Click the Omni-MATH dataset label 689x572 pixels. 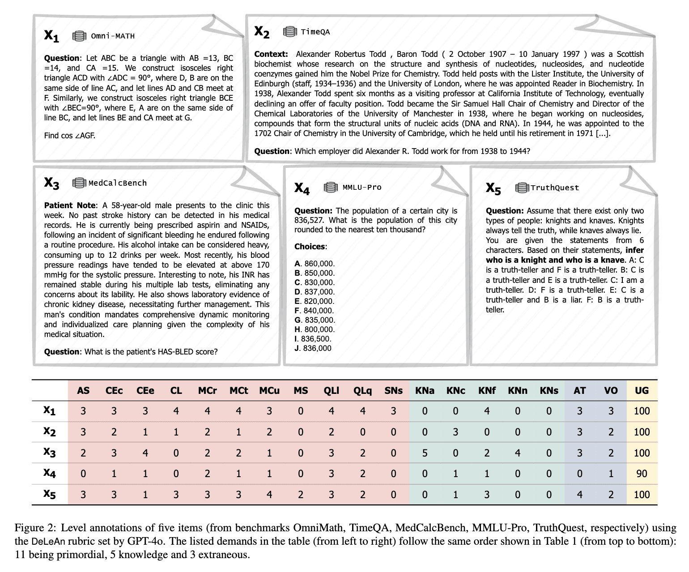click(112, 36)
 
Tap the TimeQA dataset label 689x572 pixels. click(315, 32)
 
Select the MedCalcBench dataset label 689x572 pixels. click(118, 183)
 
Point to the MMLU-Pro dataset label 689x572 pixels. click(362, 188)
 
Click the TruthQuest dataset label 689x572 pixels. click(555, 188)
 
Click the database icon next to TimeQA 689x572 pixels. click(290, 32)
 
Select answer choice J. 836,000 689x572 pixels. click(313, 348)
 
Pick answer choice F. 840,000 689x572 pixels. click(315, 311)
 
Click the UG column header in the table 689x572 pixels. click(642, 391)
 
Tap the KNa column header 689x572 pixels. click(425, 391)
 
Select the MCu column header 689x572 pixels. click(269, 391)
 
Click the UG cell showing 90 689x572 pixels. click(642, 474)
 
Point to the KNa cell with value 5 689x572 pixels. click(425, 453)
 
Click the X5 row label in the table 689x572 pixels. click(49, 494)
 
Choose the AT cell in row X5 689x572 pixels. click(579, 495)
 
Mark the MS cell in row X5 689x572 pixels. click(300, 495)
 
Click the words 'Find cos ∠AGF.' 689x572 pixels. click(69, 136)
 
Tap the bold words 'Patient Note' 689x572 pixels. click(70, 205)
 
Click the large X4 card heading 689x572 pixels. click(302, 188)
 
